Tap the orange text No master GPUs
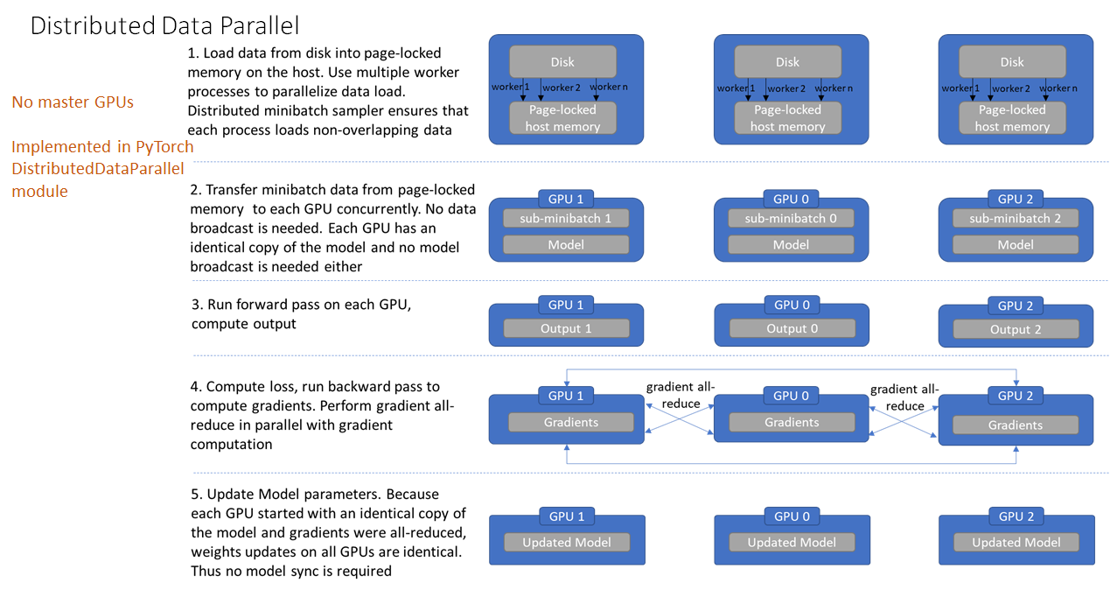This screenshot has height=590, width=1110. [x=73, y=102]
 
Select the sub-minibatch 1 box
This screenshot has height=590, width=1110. [x=566, y=218]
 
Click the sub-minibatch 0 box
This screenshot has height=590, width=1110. [x=791, y=218]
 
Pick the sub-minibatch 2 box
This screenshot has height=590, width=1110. [x=1015, y=218]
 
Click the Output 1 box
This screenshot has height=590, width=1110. [x=566, y=328]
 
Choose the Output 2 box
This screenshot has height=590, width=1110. [x=1015, y=329]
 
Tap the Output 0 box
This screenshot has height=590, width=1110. [x=791, y=328]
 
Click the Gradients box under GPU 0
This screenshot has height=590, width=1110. [x=791, y=422]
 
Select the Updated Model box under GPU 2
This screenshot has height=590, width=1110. [x=1016, y=543]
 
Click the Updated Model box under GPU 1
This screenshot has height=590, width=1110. [x=566, y=543]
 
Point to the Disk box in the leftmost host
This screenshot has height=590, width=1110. [x=562, y=62]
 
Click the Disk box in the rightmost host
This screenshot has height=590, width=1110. [x=1012, y=62]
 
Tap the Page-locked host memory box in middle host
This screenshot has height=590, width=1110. [x=787, y=118]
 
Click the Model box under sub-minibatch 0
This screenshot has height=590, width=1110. [x=791, y=245]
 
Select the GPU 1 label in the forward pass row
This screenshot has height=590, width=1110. [x=566, y=306]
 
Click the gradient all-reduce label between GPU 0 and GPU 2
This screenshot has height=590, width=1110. [x=904, y=397]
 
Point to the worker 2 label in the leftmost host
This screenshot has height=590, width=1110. [x=561, y=88]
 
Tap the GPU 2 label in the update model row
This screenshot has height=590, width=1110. [x=1016, y=516]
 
